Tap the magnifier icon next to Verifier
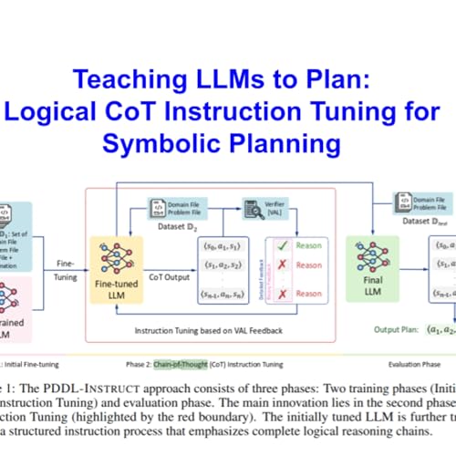point(248,206)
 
